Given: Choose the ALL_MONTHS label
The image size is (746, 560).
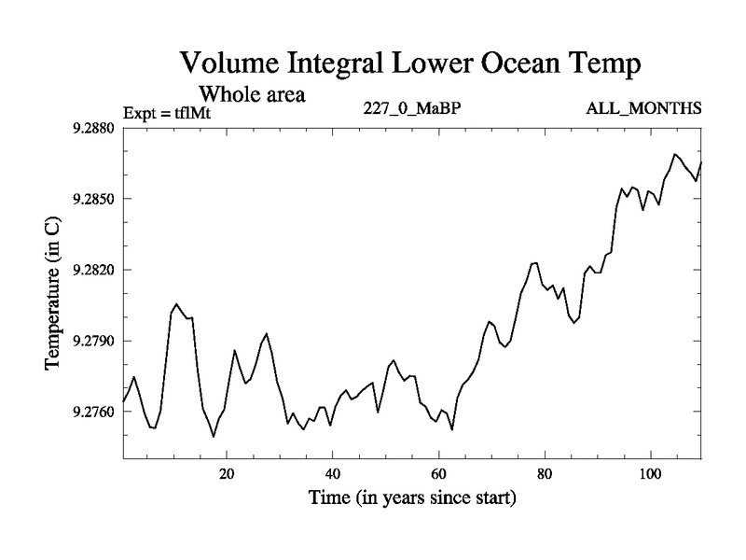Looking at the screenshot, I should [x=643, y=108].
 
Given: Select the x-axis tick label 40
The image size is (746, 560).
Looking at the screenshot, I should [x=332, y=474].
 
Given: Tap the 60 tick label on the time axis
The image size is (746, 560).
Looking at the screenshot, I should [x=438, y=474].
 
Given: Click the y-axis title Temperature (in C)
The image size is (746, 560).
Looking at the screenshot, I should [x=53, y=292].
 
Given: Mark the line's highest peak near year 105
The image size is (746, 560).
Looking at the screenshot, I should [x=675, y=154].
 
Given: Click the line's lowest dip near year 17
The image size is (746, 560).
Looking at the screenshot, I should [x=214, y=436].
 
